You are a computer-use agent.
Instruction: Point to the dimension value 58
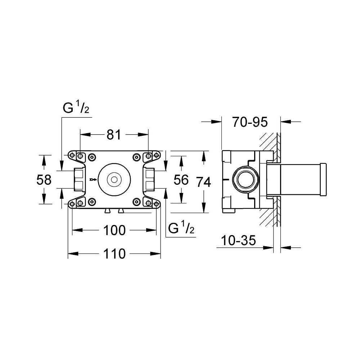44,179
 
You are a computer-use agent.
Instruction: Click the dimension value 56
181,179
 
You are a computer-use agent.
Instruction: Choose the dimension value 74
204,183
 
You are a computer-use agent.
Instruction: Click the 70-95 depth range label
249,122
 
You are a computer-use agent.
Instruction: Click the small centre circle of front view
114,179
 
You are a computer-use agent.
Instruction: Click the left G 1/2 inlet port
78,179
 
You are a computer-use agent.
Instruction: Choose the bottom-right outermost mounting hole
157,204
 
